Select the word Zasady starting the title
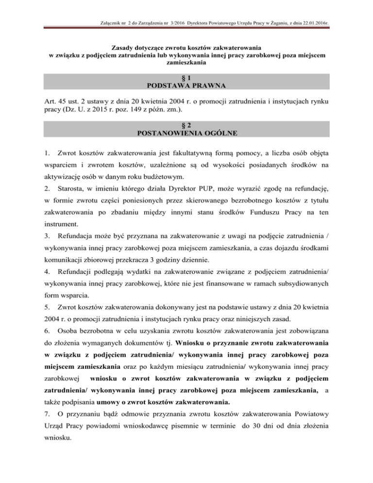125,48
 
